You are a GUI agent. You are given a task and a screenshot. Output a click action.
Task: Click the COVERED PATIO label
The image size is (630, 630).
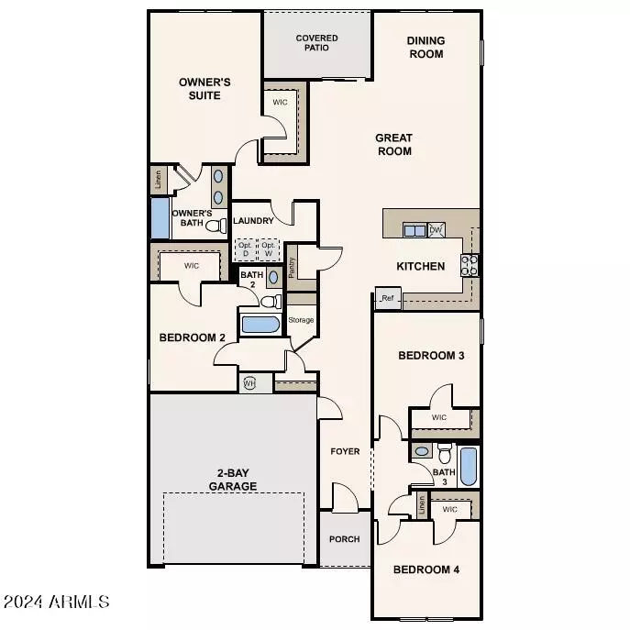[316, 43]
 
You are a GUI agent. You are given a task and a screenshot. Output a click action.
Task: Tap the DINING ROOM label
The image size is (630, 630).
[425, 48]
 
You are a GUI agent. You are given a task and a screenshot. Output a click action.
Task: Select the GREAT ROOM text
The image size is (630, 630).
[392, 145]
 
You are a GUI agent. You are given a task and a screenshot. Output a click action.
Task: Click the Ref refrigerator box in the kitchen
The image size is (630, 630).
[387, 298]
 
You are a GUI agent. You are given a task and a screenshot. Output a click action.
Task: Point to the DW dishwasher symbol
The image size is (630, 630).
[437, 230]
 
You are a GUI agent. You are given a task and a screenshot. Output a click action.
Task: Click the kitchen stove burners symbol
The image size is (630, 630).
[470, 265]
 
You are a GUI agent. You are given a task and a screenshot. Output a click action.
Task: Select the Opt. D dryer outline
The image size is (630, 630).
[245, 250]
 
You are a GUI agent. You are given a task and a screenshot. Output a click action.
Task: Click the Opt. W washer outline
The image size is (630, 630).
[269, 250]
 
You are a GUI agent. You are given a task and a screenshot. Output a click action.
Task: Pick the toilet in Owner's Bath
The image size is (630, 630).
[216, 225]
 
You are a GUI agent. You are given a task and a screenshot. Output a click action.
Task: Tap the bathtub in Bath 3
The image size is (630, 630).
[468, 466]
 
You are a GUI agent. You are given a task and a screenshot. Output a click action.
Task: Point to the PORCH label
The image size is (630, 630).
[345, 539]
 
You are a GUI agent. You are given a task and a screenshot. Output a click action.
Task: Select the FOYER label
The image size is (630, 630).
[345, 452]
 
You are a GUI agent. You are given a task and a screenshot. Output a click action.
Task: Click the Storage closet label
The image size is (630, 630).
[301, 320]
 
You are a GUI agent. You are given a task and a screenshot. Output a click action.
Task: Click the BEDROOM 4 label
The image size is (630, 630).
[426, 569]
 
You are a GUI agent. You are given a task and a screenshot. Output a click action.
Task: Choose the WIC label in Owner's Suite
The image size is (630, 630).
[280, 103]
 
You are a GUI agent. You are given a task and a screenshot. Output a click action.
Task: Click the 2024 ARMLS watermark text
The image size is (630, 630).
[57, 602]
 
